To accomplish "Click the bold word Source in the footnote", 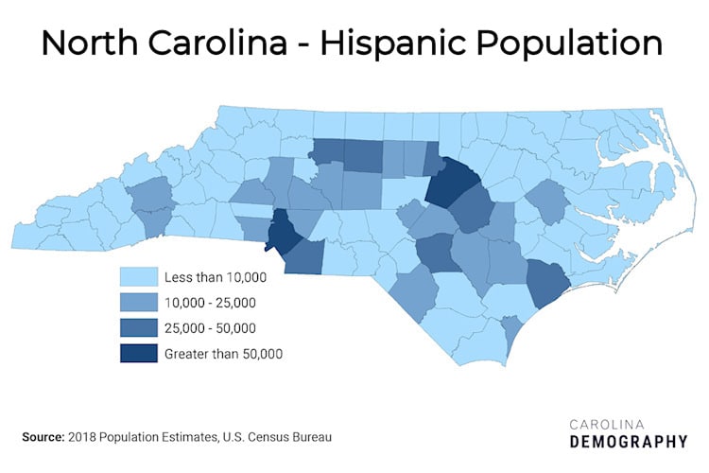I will pyautogui.click(x=42, y=437).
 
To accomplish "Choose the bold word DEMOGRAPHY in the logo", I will pyautogui.click(x=629, y=442).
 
